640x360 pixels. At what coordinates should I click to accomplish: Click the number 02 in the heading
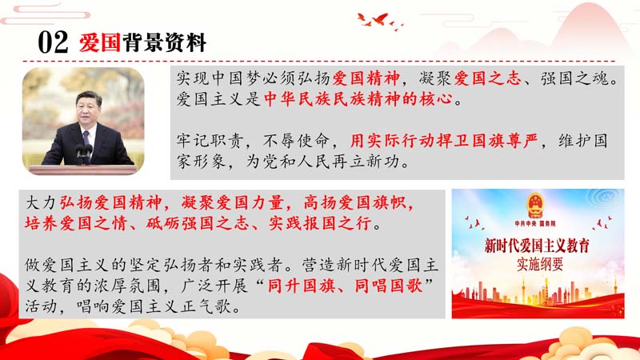[53, 42]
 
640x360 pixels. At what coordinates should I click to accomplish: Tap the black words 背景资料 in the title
[164, 42]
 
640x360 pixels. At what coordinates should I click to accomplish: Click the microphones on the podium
[84, 154]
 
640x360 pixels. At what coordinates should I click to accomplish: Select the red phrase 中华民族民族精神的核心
[358, 99]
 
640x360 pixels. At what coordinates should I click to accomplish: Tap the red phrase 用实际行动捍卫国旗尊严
[444, 142]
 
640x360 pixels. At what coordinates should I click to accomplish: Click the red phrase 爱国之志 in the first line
[488, 78]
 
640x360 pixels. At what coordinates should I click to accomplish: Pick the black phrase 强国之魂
[574, 78]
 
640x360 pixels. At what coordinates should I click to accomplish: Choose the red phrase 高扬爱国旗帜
[354, 202]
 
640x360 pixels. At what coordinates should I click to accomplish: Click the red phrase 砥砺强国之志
[197, 223]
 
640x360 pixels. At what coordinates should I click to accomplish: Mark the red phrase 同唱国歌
[388, 286]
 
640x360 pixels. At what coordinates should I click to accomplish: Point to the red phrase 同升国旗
[302, 286]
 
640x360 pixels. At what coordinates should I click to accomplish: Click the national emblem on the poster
[534, 206]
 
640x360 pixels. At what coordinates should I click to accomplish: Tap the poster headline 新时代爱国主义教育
[537, 246]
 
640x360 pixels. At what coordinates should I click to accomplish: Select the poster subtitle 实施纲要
[539, 265]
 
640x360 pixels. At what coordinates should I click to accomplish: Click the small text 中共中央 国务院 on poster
[535, 224]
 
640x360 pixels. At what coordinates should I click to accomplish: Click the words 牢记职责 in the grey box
[210, 142]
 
